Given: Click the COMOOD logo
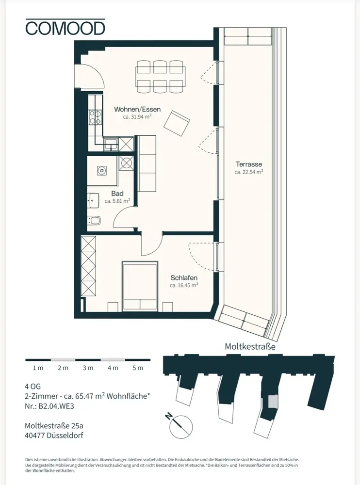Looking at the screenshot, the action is [x=65, y=27].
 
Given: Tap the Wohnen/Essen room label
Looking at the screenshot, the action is [x=137, y=109].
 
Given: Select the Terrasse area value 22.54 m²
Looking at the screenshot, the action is [x=249, y=172].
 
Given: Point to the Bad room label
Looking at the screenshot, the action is [x=117, y=194].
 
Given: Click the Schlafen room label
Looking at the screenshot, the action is [x=184, y=278].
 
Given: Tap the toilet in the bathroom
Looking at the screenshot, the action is [x=95, y=220].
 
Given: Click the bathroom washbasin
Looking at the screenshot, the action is [x=93, y=201].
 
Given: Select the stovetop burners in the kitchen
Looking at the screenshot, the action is [x=96, y=117].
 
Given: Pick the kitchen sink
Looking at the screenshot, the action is [x=111, y=144].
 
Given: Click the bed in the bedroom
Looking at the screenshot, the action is [x=140, y=287].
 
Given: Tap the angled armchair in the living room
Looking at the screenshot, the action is [x=177, y=123].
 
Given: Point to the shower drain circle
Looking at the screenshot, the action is [x=101, y=170].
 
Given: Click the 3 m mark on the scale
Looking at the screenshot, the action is [x=88, y=368].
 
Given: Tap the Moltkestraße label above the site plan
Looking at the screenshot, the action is [x=250, y=346].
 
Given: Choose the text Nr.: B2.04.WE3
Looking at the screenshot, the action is [x=49, y=406].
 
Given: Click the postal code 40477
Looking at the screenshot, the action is [x=35, y=435].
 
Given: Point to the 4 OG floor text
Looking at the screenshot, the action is [x=33, y=387].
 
